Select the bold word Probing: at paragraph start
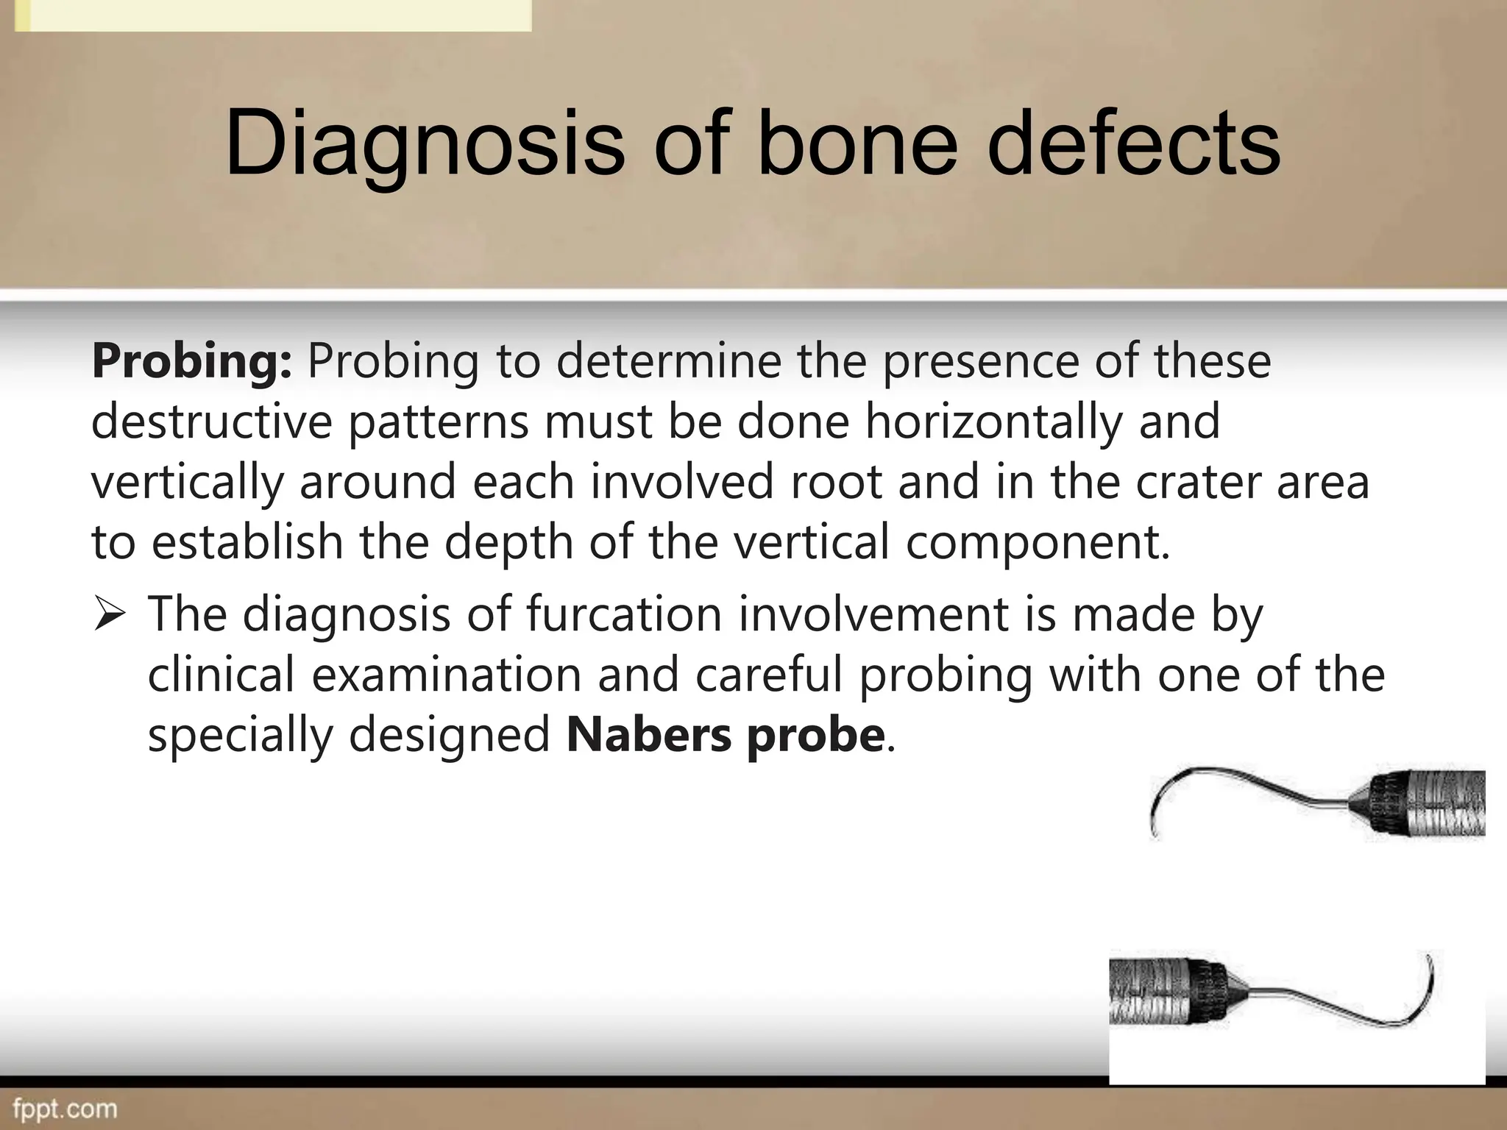192,361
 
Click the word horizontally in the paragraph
993,422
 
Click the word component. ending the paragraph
1037,542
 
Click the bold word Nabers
648,735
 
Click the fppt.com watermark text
65,1108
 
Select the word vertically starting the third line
187,482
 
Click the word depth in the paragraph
508,542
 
